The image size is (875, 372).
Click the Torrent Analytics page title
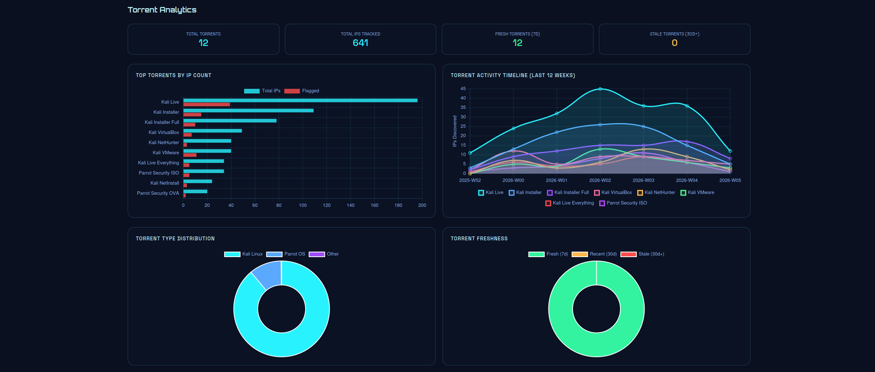click(x=162, y=10)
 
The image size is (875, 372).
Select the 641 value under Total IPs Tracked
click(x=360, y=43)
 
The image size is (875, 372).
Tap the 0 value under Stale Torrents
click(x=674, y=43)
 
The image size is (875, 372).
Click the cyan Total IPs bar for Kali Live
click(x=300, y=100)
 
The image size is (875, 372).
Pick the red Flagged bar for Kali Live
click(x=206, y=105)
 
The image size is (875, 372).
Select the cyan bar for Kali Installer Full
click(x=230, y=121)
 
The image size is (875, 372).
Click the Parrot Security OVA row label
click(x=158, y=193)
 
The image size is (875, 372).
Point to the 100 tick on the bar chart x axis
click(x=303, y=205)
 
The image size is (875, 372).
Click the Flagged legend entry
click(x=302, y=91)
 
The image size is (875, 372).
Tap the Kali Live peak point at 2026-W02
click(x=600, y=89)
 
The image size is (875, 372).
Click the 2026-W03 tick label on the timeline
click(x=643, y=180)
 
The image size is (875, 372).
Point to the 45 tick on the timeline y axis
click(x=463, y=89)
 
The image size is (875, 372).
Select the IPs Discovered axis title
click(x=455, y=131)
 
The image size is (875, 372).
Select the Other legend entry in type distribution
click(x=324, y=254)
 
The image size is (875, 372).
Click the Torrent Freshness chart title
click(x=479, y=238)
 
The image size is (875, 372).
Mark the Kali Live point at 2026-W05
click(x=730, y=151)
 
